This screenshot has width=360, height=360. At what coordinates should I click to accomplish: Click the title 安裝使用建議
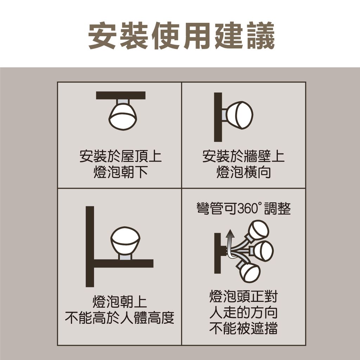click(181, 36)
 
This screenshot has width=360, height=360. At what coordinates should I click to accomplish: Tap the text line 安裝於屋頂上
click(121, 156)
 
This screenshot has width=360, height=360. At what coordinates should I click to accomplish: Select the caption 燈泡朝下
click(121, 172)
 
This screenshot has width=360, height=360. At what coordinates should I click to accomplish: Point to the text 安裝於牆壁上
click(243, 156)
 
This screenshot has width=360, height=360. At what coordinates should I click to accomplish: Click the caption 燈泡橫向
click(243, 172)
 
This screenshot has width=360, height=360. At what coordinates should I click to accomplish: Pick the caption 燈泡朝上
click(120, 302)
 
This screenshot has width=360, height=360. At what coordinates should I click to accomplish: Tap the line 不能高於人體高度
click(120, 317)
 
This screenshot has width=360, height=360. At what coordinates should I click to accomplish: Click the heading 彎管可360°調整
click(244, 208)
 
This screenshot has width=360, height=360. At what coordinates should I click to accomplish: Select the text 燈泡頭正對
click(244, 296)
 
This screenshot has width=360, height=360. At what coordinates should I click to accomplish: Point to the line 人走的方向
click(244, 312)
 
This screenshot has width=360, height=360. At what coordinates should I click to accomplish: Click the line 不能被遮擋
click(244, 328)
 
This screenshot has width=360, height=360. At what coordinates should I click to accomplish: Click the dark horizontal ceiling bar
click(121, 96)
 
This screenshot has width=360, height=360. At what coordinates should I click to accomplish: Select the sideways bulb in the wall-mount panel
click(239, 115)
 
